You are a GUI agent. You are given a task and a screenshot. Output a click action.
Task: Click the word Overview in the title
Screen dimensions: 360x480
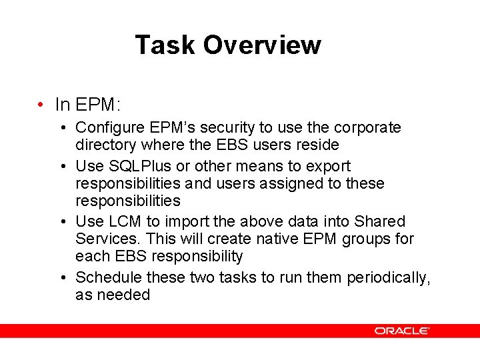click(262, 45)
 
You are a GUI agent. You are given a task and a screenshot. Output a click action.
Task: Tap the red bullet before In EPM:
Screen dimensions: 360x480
click(41, 105)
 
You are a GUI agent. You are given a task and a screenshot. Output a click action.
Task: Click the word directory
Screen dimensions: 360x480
click(106, 145)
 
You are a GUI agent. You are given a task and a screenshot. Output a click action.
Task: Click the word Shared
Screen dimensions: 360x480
click(379, 221)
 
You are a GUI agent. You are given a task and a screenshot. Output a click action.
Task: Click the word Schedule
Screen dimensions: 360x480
click(109, 277)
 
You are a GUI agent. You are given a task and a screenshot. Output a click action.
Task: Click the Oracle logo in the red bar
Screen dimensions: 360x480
click(401, 331)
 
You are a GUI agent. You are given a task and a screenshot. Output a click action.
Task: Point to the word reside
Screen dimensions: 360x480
click(319, 145)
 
